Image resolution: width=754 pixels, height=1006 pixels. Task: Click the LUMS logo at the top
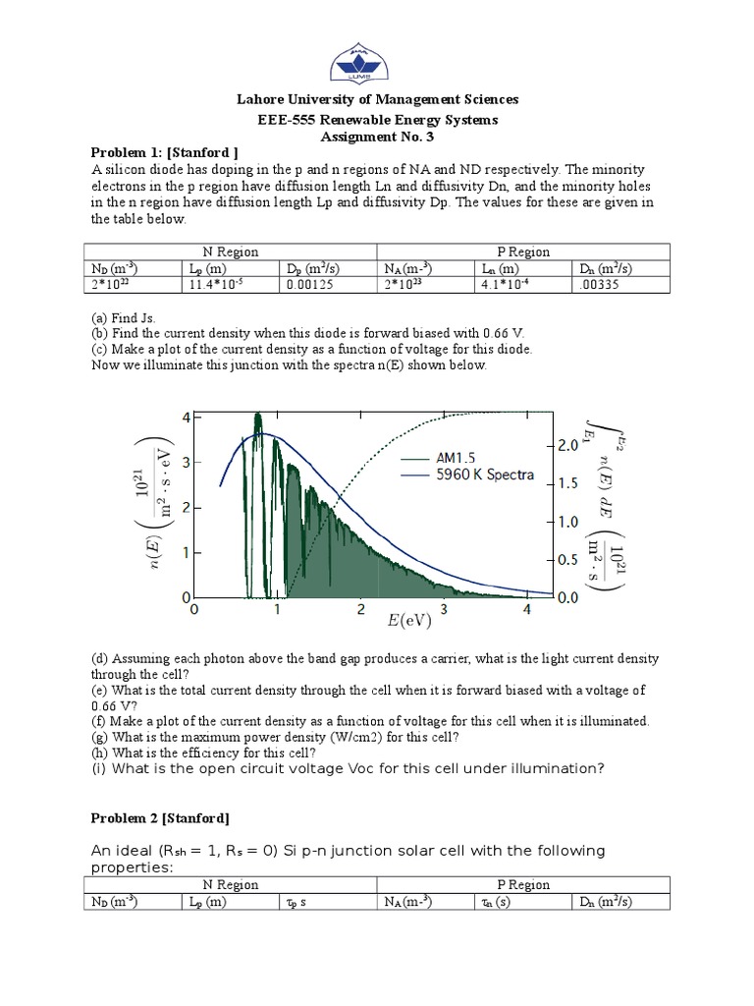click(376, 54)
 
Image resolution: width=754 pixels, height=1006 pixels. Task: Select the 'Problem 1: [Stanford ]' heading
click(165, 152)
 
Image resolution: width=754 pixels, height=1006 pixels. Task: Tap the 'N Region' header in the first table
click(230, 251)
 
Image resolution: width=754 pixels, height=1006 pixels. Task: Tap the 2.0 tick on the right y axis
click(543, 445)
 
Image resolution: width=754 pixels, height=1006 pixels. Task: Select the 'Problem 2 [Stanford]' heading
click(160, 817)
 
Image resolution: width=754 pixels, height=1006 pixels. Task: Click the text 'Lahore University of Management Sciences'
click(376, 99)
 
